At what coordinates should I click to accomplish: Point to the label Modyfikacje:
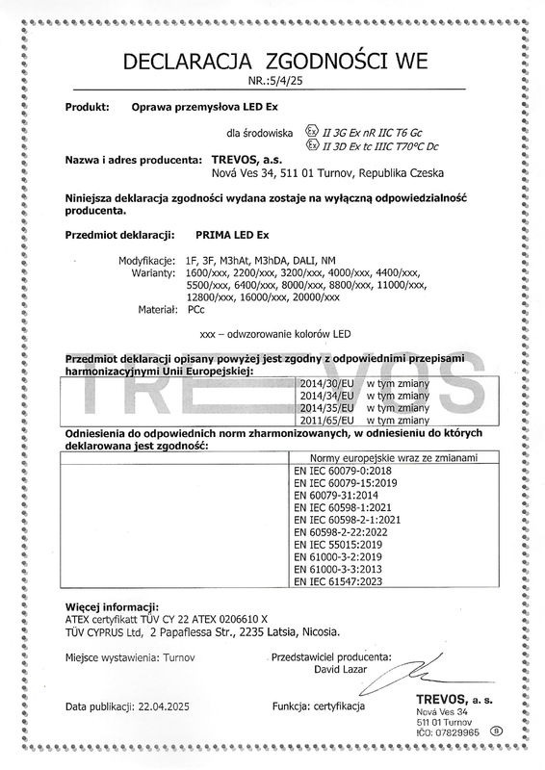(x=145, y=260)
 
